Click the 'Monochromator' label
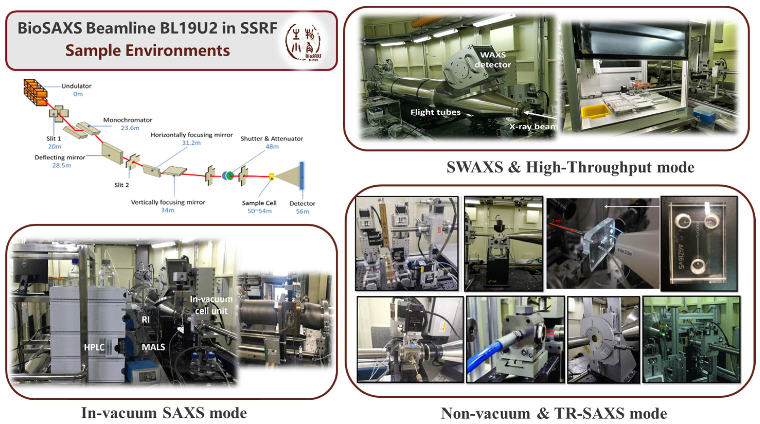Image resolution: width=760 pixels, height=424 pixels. click(128, 120)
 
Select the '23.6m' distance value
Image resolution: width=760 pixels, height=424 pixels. click(130, 128)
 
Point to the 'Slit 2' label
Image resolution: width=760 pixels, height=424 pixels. click(122, 185)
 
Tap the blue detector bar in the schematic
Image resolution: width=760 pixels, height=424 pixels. click(302, 176)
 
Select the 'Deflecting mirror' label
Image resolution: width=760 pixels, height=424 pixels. click(60, 158)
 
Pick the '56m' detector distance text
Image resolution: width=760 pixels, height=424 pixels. click(302, 211)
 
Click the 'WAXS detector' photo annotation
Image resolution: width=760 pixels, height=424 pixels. click(493, 60)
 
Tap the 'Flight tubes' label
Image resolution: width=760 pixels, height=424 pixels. click(435, 112)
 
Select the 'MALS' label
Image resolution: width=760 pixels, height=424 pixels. click(153, 347)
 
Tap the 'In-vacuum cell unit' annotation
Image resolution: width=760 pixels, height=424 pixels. click(211, 305)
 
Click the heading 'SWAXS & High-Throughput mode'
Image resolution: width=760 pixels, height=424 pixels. click(570, 167)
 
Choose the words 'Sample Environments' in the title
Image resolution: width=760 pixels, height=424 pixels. click(148, 50)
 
